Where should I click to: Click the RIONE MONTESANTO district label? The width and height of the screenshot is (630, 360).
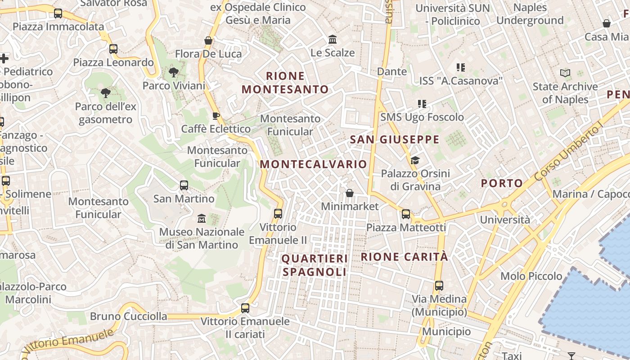click(285, 82)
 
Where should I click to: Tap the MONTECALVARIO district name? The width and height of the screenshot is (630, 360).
click(313, 164)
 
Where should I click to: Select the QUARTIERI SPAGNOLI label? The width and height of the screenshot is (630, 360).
click(315, 265)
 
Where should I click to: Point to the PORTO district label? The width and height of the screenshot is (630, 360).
click(502, 183)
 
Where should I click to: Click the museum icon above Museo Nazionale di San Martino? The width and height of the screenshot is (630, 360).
click(202, 218)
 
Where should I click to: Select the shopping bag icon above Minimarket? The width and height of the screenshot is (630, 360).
click(350, 193)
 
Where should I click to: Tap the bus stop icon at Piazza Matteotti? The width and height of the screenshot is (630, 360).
click(406, 214)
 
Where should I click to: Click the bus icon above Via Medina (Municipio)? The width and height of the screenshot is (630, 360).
click(439, 285)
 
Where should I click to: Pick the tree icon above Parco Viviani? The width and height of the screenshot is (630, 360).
click(173, 72)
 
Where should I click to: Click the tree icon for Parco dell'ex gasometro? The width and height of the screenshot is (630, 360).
click(106, 93)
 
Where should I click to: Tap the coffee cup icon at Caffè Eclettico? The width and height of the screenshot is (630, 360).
click(216, 116)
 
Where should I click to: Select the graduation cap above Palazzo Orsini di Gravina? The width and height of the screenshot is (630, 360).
click(415, 160)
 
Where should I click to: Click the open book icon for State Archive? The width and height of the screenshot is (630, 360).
click(565, 73)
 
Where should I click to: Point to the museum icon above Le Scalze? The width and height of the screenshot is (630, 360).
click(333, 39)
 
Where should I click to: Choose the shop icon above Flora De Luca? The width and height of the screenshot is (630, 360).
click(208, 40)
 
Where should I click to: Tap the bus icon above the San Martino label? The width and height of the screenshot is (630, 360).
click(184, 185)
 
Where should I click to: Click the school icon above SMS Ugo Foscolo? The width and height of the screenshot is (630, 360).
click(422, 104)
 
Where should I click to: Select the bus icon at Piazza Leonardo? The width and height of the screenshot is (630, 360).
click(113, 49)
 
